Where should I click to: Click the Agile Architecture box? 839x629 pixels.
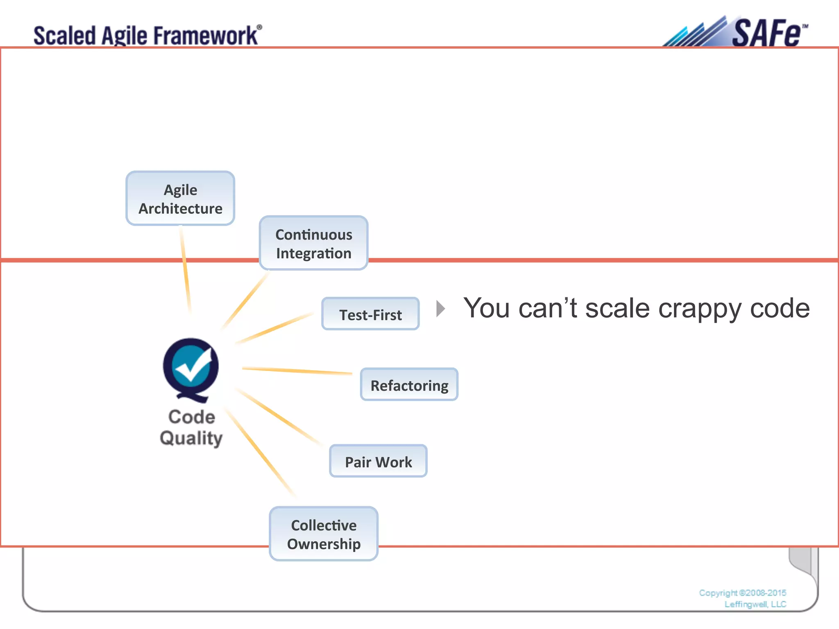pos(180,199)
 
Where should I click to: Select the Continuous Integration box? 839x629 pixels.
pos(314,243)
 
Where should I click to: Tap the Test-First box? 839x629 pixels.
pos(370,314)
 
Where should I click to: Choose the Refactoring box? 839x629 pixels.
pos(409,385)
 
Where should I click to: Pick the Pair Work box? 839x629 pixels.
pos(378,462)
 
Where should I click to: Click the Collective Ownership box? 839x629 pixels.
pos(324,534)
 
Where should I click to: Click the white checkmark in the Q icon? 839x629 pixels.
pos(193,366)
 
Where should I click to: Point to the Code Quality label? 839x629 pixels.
pos(191,428)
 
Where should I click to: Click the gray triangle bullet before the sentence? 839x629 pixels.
pos(441,308)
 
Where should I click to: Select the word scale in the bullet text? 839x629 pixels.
pos(617,308)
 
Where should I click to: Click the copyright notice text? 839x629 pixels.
pos(743,598)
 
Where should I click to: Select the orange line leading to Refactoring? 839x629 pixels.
pos(297,371)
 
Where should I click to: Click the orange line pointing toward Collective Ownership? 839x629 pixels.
pos(260,453)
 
